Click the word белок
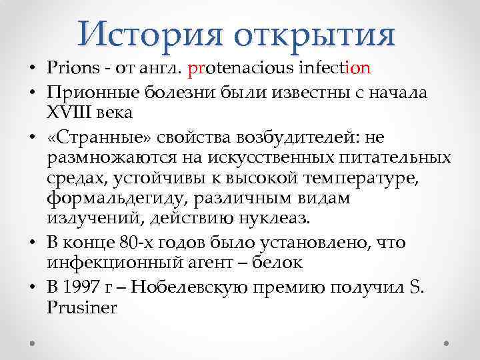point(275,263)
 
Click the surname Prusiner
point(81,308)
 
